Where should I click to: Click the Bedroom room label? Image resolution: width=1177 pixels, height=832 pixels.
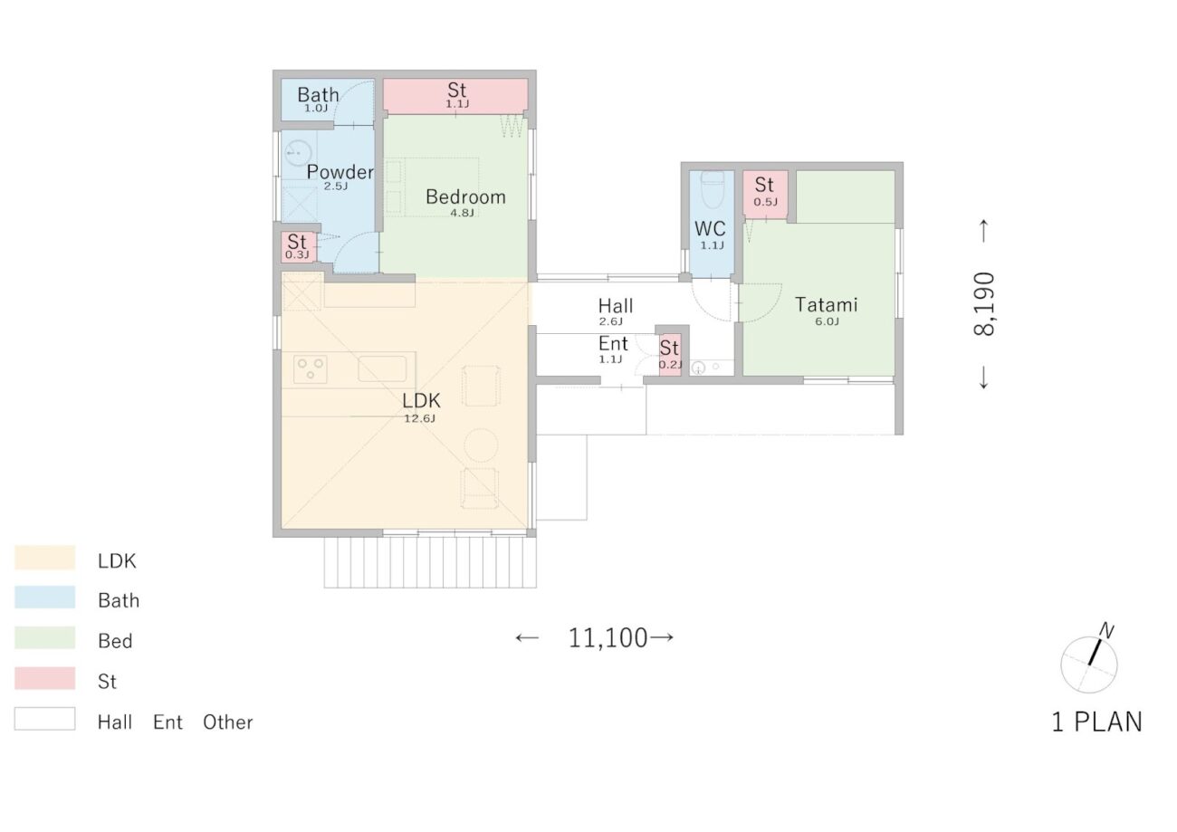465,197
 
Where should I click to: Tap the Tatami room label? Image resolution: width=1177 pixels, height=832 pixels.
826,305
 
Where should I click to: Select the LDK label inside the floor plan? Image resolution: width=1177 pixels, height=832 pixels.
421,401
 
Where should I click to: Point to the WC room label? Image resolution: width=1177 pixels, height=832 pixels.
710,228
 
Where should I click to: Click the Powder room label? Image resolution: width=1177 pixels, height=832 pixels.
340,172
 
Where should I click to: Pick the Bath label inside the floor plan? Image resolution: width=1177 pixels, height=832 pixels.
318,95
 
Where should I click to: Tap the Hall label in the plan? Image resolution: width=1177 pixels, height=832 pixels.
616,306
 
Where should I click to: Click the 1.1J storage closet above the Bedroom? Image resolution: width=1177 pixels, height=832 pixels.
455,96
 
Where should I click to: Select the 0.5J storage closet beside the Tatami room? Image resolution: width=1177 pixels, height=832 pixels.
765,194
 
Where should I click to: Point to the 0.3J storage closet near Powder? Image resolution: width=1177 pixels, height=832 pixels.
299,246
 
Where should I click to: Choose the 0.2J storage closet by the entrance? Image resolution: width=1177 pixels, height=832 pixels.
670,355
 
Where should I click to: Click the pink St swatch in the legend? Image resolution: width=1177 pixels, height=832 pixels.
44,677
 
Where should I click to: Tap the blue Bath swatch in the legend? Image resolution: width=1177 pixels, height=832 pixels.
44,598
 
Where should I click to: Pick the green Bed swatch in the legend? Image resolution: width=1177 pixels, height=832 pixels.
44,637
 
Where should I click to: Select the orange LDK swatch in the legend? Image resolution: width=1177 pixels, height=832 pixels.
44,558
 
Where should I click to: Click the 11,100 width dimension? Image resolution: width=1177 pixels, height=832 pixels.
608,638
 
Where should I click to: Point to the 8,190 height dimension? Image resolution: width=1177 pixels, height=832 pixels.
984,303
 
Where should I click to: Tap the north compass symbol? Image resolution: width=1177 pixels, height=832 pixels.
1090,663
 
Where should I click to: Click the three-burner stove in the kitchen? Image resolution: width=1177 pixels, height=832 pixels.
310,368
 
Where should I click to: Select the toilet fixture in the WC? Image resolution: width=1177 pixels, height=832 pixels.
712,189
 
